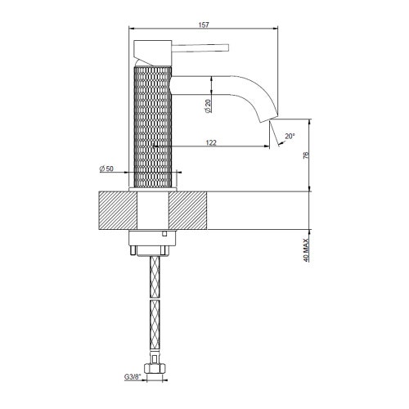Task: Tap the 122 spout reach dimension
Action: [x=211, y=143]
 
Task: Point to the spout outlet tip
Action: [x=267, y=120]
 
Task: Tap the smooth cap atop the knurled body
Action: [x=154, y=57]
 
